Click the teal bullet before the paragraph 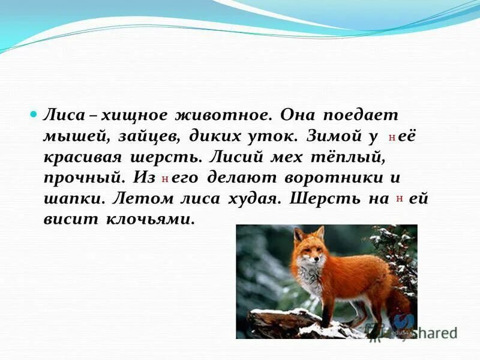pyautogui.click(x=34, y=113)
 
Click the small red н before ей pyautogui.click(x=400, y=199)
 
